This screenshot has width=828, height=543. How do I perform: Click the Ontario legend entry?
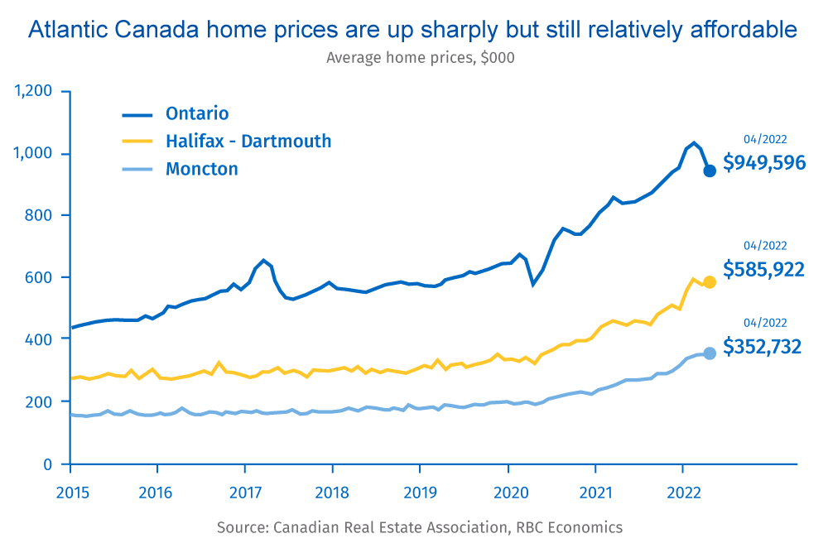point(196,113)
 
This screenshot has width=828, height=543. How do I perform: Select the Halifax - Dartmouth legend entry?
point(248,141)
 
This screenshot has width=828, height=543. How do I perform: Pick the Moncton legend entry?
point(201,169)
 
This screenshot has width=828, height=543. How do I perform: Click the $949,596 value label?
point(764,163)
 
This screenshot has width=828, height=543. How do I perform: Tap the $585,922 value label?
point(763,269)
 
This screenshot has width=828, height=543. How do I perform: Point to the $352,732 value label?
point(762,347)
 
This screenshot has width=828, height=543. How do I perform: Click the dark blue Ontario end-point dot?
point(710,171)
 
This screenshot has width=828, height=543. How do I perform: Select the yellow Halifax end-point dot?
point(710,282)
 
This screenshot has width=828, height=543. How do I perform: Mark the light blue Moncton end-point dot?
point(710,353)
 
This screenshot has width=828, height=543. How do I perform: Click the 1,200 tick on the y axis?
point(34,91)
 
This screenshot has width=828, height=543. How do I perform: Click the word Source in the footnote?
point(241,527)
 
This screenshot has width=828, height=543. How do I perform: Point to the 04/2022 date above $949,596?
point(764,139)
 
